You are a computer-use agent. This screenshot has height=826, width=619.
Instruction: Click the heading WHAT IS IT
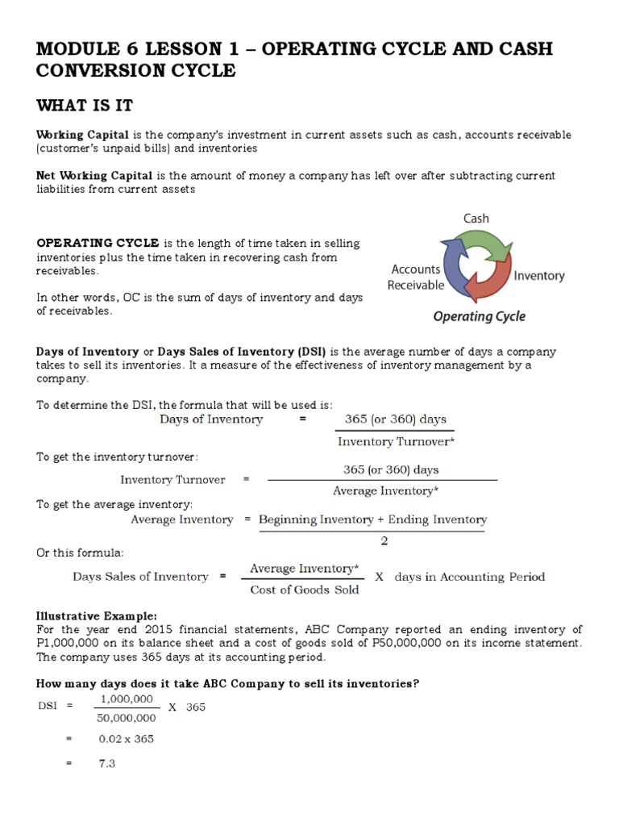click(x=85, y=106)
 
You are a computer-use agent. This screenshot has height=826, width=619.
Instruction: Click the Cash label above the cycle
click(x=476, y=218)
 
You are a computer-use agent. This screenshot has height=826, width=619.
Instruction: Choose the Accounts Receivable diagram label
click(x=416, y=277)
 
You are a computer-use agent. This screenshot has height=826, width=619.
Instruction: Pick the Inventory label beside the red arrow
click(x=539, y=275)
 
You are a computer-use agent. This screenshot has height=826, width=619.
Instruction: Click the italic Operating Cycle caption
click(x=479, y=316)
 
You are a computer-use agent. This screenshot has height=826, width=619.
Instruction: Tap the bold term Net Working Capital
click(x=84, y=175)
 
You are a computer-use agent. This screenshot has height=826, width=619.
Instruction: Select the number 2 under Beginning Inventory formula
click(x=384, y=540)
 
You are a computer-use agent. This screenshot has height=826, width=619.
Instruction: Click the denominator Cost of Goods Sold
click(x=305, y=590)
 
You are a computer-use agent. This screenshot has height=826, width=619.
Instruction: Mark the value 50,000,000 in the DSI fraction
click(x=126, y=718)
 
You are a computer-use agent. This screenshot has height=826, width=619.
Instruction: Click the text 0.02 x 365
click(x=127, y=739)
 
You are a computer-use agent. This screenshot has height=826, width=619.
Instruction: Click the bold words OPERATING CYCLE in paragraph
click(x=98, y=244)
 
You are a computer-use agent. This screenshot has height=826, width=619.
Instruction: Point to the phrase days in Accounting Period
click(x=470, y=577)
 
